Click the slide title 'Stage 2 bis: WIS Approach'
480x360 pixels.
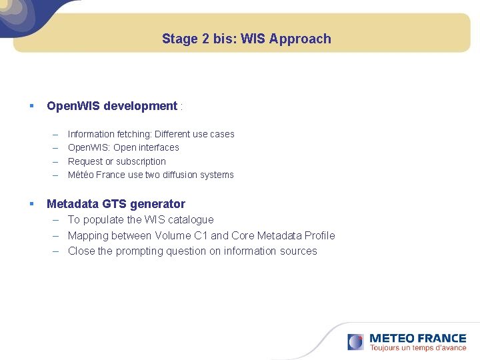[x=246, y=39]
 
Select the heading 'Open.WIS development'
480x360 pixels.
[x=112, y=106]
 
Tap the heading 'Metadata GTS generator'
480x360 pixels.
[x=116, y=204]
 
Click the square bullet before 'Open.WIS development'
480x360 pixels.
[x=31, y=106]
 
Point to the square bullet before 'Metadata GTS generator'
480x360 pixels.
[x=31, y=203]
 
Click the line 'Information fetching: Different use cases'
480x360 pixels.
[x=151, y=134]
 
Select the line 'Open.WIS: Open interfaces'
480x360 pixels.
[x=123, y=147]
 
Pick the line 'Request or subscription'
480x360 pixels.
[x=117, y=161]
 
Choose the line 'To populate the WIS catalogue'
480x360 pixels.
[x=141, y=219]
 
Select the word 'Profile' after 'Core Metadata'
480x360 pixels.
[x=320, y=235]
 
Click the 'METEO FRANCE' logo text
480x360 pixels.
[x=417, y=339]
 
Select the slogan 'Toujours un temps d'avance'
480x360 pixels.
[x=418, y=348]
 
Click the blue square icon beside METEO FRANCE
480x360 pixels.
[x=355, y=342]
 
